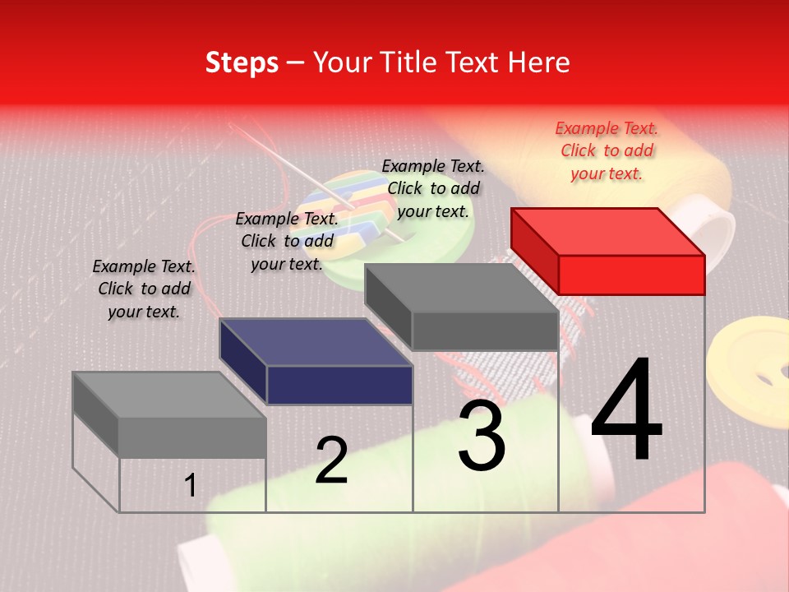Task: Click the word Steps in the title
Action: (x=242, y=62)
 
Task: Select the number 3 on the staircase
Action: (x=482, y=436)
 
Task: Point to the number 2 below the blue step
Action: (x=331, y=460)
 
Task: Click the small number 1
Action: (x=191, y=485)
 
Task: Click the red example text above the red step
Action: (x=607, y=150)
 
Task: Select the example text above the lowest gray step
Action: (x=144, y=289)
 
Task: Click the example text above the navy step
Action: (x=287, y=241)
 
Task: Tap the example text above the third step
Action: (x=433, y=188)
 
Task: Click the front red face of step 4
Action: (x=631, y=275)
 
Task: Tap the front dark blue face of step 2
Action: (x=339, y=385)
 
